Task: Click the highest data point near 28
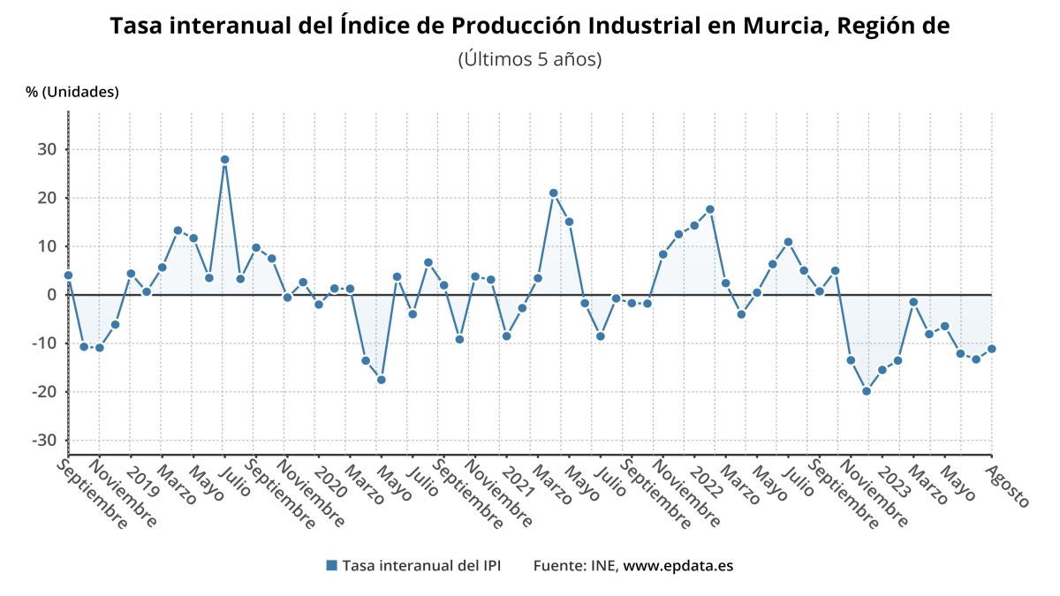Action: (224, 160)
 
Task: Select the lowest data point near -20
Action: (867, 391)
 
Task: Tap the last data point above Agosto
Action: (992, 349)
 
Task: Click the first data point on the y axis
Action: (68, 275)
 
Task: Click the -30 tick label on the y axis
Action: (44, 441)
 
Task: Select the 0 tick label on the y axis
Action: (51, 295)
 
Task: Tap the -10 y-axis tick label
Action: (44, 343)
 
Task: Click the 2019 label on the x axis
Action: (143, 483)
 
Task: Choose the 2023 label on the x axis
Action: (894, 483)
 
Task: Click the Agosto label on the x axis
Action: (1007, 487)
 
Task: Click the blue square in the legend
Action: (332, 565)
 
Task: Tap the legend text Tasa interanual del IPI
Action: (421, 566)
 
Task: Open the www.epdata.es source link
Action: (678, 566)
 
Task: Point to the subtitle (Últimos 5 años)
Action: (530, 60)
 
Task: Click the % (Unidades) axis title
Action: (72, 92)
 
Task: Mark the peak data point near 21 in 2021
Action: (553, 193)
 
